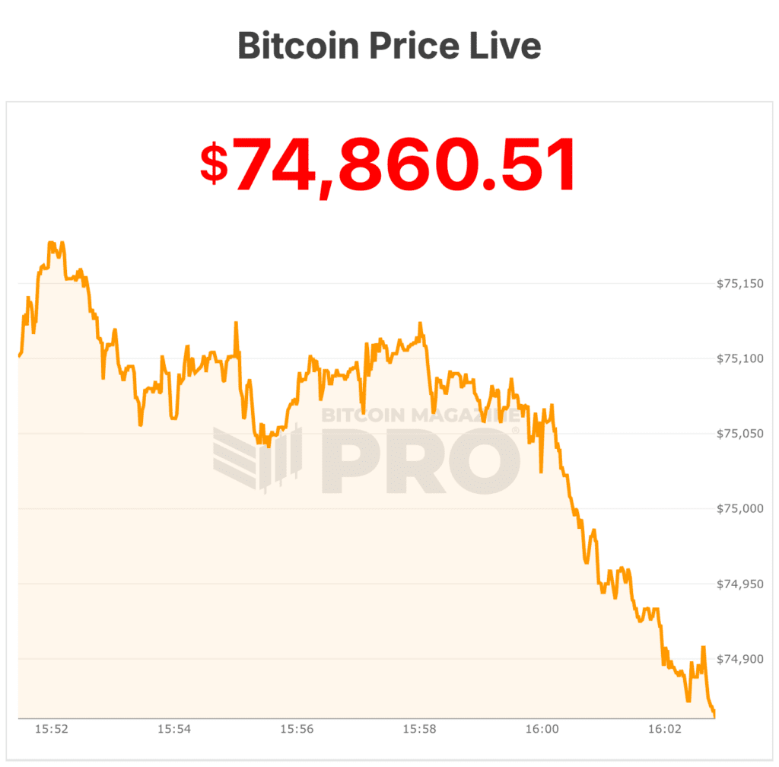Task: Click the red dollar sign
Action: (214, 163)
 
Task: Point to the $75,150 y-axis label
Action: (739, 284)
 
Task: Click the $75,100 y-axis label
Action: (739, 358)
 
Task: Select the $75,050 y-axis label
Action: (739, 434)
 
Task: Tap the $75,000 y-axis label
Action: (739, 508)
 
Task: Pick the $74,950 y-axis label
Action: (739, 584)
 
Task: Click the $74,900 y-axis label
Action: (739, 659)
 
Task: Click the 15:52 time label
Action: (52, 729)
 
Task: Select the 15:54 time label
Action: (174, 729)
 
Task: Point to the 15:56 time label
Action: (297, 729)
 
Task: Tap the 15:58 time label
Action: (419, 729)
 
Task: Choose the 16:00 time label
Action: (542, 729)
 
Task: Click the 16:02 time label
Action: (664, 729)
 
